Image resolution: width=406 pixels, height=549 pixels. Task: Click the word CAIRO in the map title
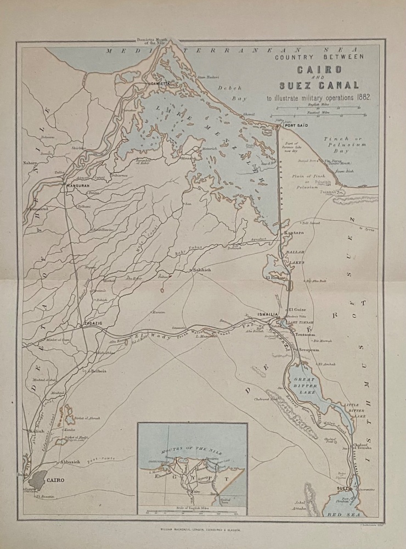point(319,70)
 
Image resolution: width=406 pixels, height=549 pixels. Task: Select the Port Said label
point(295,126)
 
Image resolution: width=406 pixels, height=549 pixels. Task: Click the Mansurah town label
point(76,184)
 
